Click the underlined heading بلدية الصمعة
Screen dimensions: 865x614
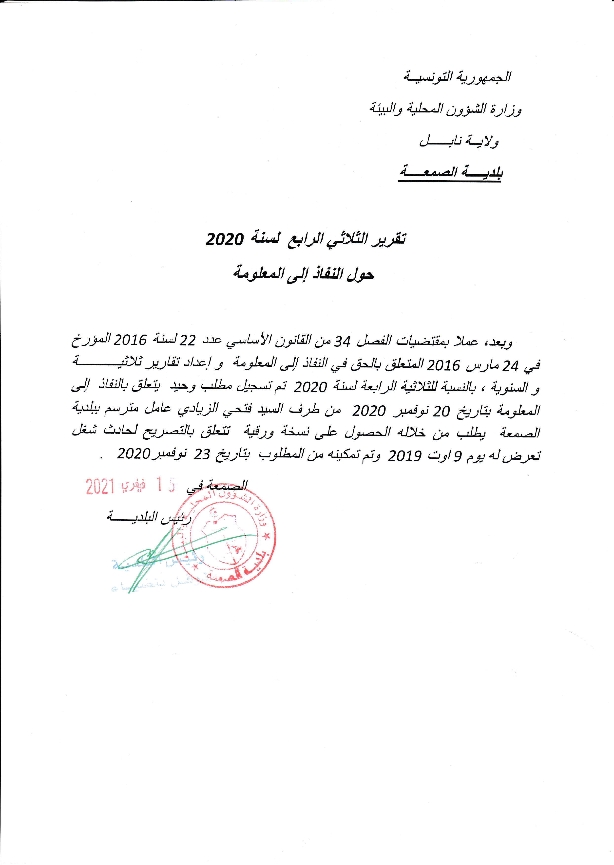(x=450, y=173)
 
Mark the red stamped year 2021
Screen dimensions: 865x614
(x=100, y=487)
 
